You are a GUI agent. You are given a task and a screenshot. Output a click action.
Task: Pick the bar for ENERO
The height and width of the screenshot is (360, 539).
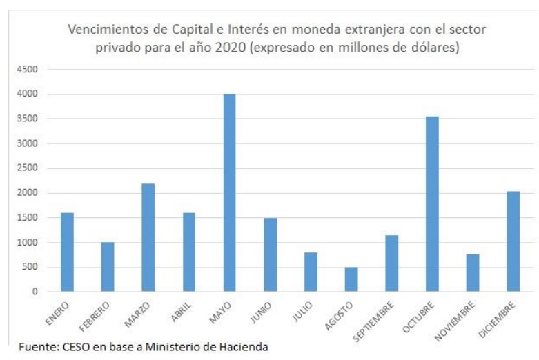pyautogui.click(x=67, y=252)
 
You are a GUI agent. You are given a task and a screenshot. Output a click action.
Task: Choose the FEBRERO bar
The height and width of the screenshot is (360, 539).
pyautogui.click(x=107, y=267)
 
